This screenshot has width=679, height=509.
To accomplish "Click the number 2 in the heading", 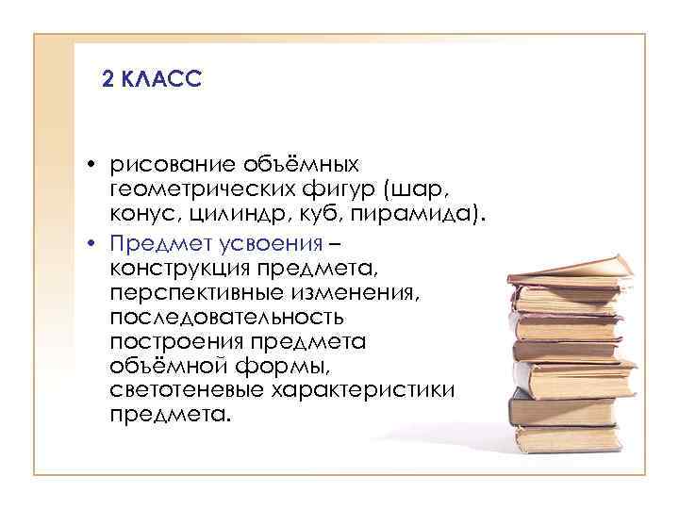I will click(x=107, y=82).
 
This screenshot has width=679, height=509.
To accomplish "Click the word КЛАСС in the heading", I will click(x=160, y=82).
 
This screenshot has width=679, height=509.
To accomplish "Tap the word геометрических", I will click(x=197, y=187).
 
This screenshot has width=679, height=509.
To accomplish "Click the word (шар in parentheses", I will click(x=401, y=188).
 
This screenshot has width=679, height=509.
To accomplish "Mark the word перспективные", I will click(x=190, y=293).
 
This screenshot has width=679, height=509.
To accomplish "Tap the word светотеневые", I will click(x=186, y=388).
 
